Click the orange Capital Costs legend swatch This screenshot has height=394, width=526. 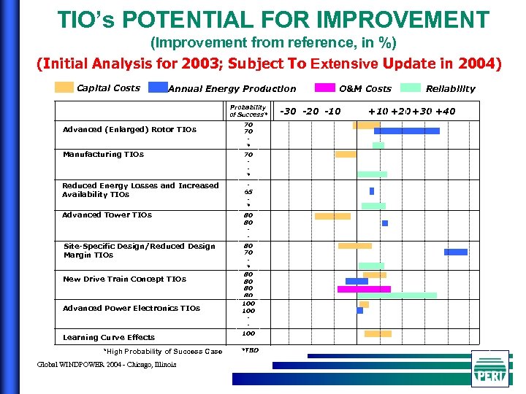click(x=64, y=88)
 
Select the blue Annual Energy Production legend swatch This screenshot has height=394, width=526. click(x=158, y=88)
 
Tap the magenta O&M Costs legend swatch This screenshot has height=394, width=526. click(x=324, y=88)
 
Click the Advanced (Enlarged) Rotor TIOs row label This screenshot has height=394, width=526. click(x=129, y=130)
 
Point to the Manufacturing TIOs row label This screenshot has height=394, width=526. click(x=103, y=155)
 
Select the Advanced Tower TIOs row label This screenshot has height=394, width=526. click(x=107, y=215)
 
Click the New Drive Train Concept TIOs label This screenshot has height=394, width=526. click(x=124, y=279)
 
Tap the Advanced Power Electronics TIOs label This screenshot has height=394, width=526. click(x=131, y=309)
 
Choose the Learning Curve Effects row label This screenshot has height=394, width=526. click(x=108, y=338)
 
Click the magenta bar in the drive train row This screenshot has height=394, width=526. click(x=364, y=289)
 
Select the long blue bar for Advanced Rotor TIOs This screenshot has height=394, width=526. click(x=407, y=131)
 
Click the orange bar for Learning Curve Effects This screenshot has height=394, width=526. click(x=378, y=333)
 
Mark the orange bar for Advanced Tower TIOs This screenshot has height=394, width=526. click(x=332, y=216)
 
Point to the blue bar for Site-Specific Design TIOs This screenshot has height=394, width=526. click(x=456, y=252)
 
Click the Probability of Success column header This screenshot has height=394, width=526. click(x=248, y=110)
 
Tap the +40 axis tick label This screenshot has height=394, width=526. click(x=444, y=111)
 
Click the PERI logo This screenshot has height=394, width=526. click(x=489, y=368)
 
